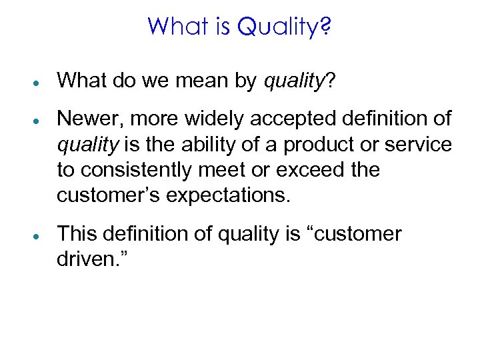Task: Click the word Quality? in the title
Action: pos(285,27)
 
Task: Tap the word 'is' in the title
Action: pos(221,27)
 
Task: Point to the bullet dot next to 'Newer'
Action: pos(41,119)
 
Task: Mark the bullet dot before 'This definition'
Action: pos(41,235)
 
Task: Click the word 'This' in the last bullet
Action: pos(77,235)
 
